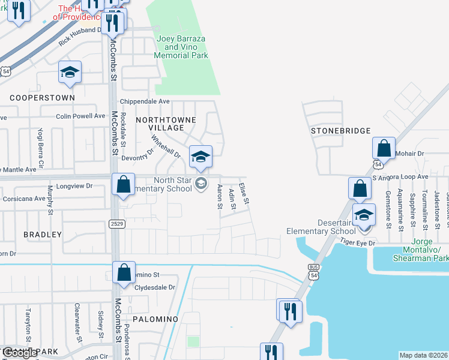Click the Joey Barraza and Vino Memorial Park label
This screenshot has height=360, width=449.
tap(181, 47)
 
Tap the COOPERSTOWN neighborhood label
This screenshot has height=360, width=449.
tap(42, 97)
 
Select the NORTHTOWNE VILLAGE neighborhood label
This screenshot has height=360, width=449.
tap(166, 124)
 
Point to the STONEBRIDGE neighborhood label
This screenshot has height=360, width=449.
tap(340, 131)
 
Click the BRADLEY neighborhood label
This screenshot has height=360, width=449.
tap(43, 234)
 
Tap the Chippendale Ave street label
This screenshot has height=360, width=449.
tap(145, 101)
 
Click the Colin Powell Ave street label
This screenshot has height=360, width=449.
tap(80, 116)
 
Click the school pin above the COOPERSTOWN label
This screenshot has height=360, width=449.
tap(70, 73)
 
